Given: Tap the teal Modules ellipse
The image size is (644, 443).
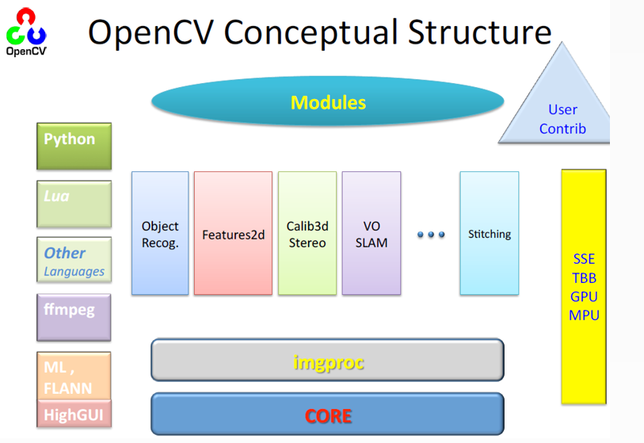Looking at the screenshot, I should tap(328, 102).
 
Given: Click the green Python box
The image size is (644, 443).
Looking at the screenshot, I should tap(74, 146).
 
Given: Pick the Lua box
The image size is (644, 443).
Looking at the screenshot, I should tap(74, 204).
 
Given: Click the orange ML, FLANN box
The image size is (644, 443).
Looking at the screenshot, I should tap(74, 376).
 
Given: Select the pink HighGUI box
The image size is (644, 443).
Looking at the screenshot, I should tap(73, 414).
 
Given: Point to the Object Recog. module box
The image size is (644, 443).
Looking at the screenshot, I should tap(160, 233).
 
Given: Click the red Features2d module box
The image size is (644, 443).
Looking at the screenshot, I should tap(233, 233).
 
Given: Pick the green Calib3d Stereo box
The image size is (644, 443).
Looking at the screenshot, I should tap(307, 233).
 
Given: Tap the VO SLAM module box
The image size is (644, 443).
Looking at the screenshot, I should tap(372, 233).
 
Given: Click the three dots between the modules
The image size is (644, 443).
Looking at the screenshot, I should tap(430, 235).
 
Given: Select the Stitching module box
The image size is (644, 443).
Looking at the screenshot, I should tap(490, 233).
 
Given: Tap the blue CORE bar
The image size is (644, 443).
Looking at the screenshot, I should tap(327, 414).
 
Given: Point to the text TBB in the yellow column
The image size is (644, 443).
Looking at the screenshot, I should tap(584, 278).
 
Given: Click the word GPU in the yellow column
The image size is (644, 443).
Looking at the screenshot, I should tap(584, 296).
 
